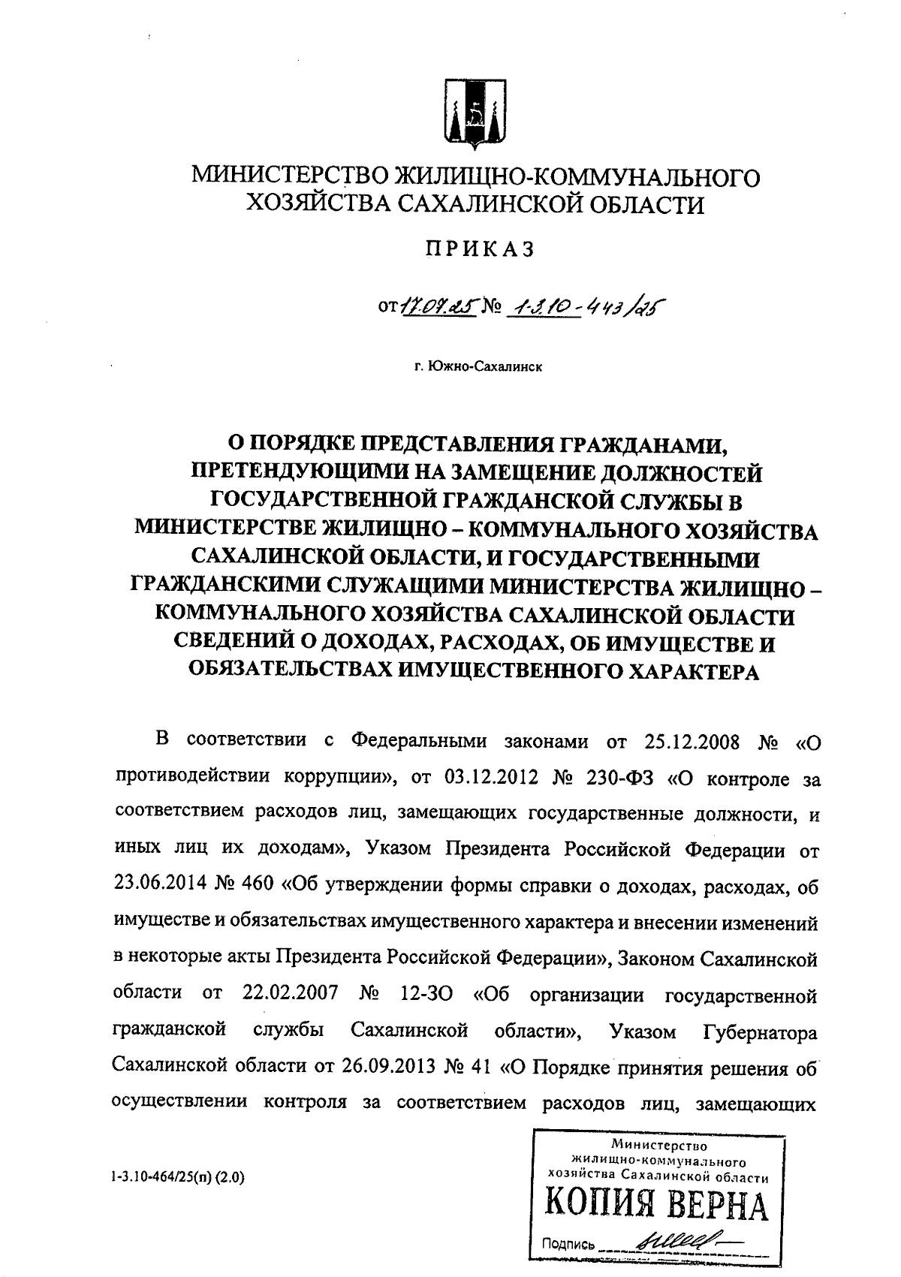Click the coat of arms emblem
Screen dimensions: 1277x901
(x=475, y=115)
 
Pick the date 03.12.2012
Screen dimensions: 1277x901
(x=493, y=778)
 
